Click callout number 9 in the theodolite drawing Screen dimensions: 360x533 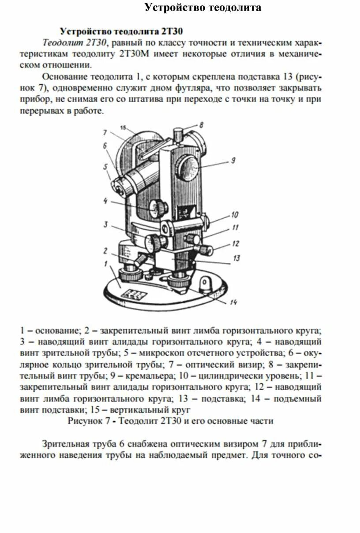[x=233, y=161]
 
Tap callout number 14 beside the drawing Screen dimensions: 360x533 [x=233, y=302]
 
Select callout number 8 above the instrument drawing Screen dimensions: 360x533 [x=201, y=125]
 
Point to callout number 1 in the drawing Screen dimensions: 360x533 [x=105, y=264]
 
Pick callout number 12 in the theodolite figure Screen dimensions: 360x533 [x=235, y=243]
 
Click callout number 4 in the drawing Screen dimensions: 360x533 [x=105, y=201]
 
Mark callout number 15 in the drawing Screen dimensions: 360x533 [x=123, y=128]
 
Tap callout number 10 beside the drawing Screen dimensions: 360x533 [x=234, y=215]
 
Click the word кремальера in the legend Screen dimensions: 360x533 [x=146, y=376]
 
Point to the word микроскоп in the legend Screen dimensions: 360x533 [x=154, y=353]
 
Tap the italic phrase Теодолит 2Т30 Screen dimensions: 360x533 [x=75, y=42]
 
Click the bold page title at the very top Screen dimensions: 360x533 [x=203, y=7]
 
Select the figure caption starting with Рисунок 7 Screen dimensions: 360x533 [x=170, y=421]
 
